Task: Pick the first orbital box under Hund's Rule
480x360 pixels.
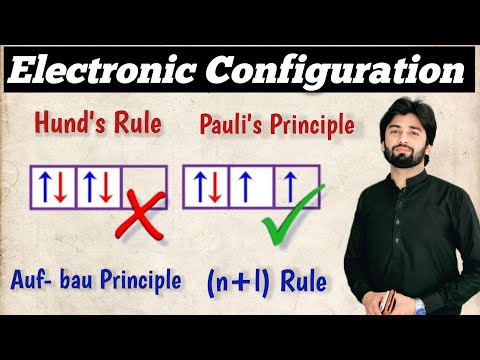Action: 53,187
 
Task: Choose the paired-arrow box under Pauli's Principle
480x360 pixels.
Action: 206,187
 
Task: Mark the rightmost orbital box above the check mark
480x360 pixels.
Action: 296,187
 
